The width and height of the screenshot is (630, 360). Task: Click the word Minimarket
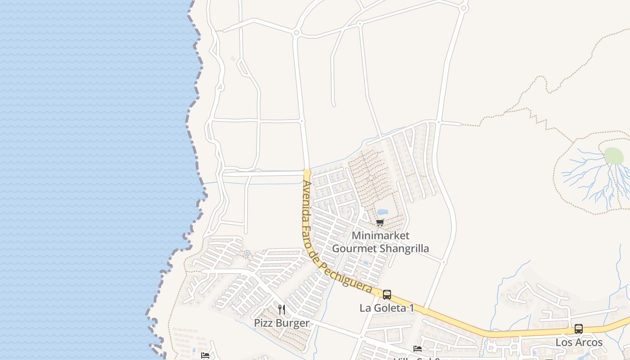(380, 235)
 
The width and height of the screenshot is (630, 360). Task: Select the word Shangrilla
(404, 248)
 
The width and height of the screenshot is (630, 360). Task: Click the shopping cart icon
(380, 222)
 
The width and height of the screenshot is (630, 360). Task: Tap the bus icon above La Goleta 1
(387, 295)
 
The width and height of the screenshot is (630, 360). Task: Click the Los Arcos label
(579, 342)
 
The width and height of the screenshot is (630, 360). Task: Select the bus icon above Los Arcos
(579, 329)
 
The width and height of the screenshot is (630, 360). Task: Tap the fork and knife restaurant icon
(282, 309)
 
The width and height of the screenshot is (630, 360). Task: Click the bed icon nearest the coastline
(205, 355)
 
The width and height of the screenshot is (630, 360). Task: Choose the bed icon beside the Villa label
(418, 349)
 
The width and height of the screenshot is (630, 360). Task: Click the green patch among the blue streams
(613, 156)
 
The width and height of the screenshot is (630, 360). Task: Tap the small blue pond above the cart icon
(382, 212)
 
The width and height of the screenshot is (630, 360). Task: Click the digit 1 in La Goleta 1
(411, 308)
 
